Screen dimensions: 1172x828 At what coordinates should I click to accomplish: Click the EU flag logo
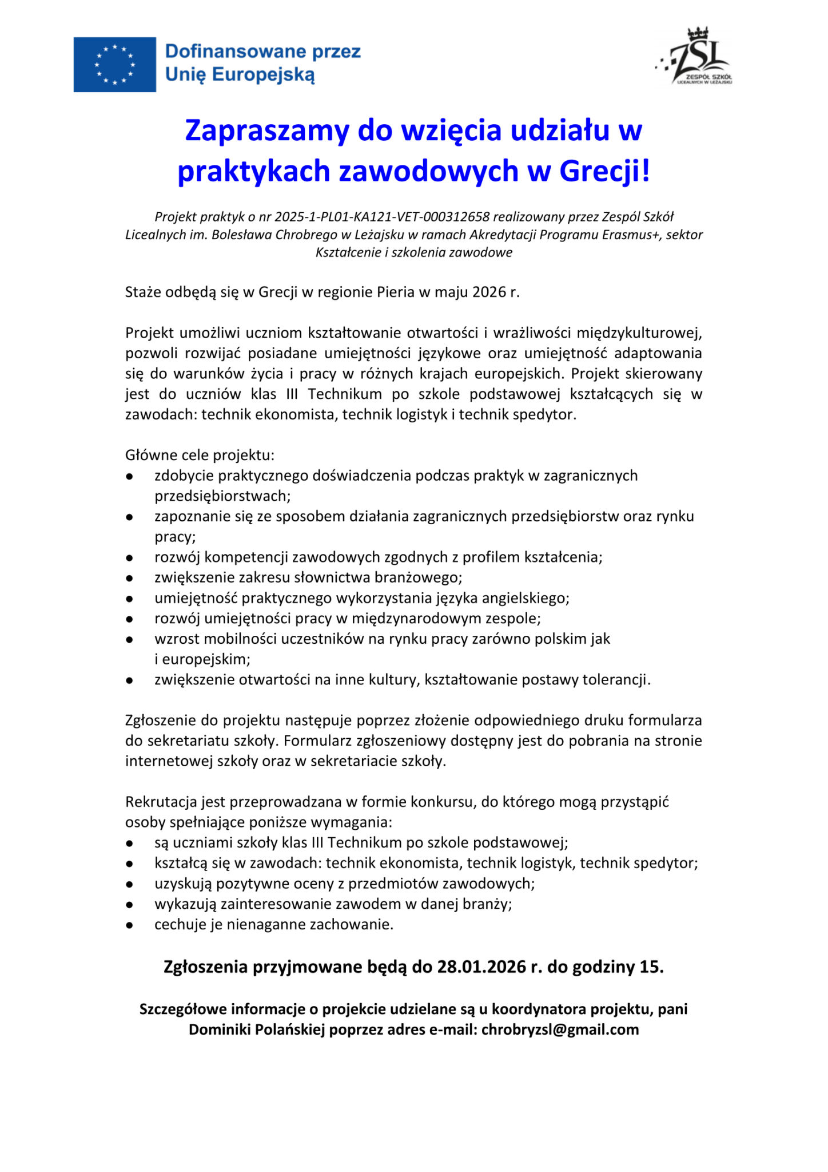coord(114,64)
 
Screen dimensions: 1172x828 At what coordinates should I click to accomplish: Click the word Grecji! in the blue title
coord(604,171)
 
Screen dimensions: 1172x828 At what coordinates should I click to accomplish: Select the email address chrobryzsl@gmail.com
coord(560,1030)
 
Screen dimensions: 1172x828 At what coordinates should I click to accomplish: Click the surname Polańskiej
coord(289,1030)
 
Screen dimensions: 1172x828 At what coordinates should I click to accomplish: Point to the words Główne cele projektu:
coord(200,456)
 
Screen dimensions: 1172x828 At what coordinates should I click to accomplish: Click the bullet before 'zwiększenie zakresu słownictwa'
coord(130,578)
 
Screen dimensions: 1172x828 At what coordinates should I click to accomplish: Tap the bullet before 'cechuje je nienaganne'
coord(130,925)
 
